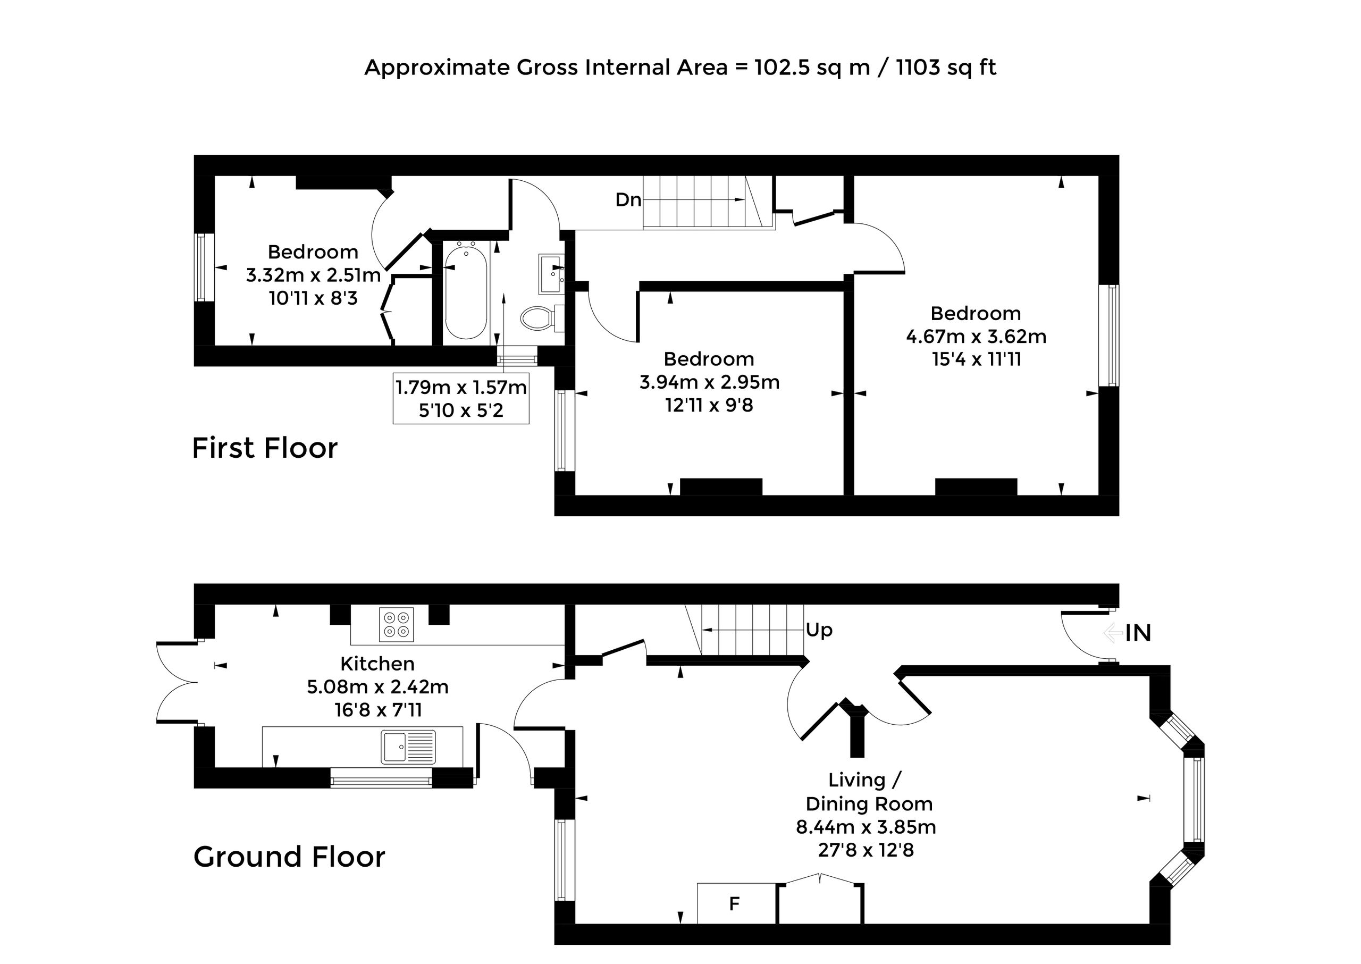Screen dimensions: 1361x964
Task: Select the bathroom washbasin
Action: [x=551, y=274]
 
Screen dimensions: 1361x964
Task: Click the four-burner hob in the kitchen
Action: [x=397, y=624]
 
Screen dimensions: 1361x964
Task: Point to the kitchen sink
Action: [x=408, y=746]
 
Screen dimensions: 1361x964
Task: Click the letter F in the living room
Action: [x=734, y=903]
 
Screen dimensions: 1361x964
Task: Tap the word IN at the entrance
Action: [x=1138, y=633]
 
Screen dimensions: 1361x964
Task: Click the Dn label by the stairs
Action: [x=628, y=200]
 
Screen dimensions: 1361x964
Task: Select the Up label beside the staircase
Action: [x=819, y=630]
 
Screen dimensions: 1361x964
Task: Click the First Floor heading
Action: [x=265, y=448]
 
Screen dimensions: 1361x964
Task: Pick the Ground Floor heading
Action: [x=290, y=857]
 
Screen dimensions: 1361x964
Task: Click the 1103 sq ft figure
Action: [x=946, y=68]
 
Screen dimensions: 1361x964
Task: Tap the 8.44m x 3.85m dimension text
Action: [x=866, y=827]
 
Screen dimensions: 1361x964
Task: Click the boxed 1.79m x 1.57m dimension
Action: [x=461, y=388]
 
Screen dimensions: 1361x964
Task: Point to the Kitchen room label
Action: [x=377, y=664]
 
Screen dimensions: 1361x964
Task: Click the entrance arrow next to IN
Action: [x=1113, y=633]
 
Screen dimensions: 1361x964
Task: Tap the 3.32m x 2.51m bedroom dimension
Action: [x=313, y=275]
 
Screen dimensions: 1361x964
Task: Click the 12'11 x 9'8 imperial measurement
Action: [x=709, y=405]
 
